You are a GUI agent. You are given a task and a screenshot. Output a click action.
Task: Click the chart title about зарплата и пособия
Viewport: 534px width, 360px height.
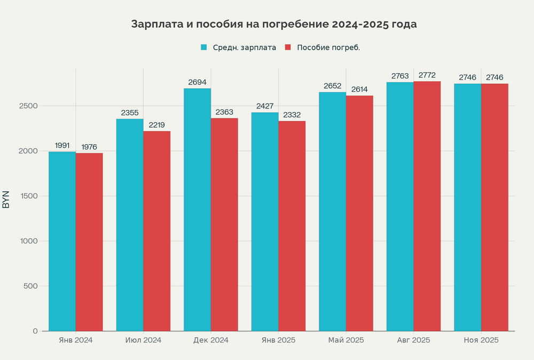274,25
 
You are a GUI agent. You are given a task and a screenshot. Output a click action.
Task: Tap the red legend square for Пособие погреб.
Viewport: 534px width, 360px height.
287,48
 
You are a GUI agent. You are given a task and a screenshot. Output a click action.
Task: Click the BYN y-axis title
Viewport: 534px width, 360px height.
6,199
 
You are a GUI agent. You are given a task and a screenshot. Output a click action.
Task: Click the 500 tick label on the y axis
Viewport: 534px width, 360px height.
30,286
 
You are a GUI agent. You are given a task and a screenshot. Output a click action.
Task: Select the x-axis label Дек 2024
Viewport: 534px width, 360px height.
211,340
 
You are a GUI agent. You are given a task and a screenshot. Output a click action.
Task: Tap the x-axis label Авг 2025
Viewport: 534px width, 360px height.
414,340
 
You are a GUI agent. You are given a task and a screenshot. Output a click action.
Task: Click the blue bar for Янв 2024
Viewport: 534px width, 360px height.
62,240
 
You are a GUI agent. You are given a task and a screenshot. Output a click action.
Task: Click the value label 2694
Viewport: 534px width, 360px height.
197,82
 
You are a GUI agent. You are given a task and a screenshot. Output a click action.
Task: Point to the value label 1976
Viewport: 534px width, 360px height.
89,147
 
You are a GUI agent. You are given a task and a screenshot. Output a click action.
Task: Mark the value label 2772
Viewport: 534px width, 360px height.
427,75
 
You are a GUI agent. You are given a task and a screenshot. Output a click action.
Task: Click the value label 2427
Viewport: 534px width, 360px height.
265,106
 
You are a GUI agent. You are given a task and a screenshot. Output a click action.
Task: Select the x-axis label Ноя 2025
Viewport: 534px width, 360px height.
481,340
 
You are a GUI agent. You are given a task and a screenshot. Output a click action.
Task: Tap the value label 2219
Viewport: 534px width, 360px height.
156,125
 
